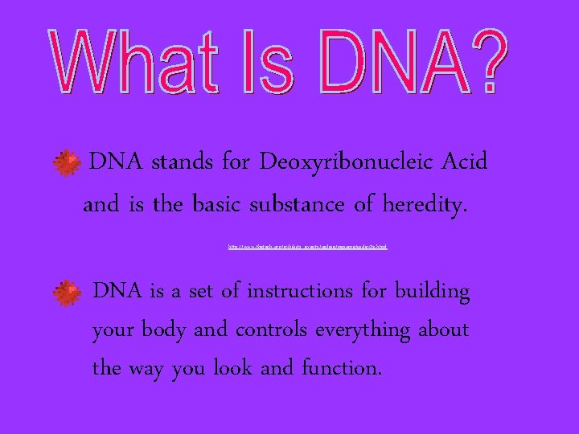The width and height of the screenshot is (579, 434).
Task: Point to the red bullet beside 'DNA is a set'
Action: (x=67, y=293)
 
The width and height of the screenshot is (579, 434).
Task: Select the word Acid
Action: (x=465, y=162)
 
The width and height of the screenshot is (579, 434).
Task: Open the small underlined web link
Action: (x=308, y=247)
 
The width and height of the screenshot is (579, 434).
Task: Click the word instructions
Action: (x=299, y=291)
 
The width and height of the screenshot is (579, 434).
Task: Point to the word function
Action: (x=341, y=369)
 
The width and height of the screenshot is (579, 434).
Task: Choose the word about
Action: (x=443, y=330)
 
